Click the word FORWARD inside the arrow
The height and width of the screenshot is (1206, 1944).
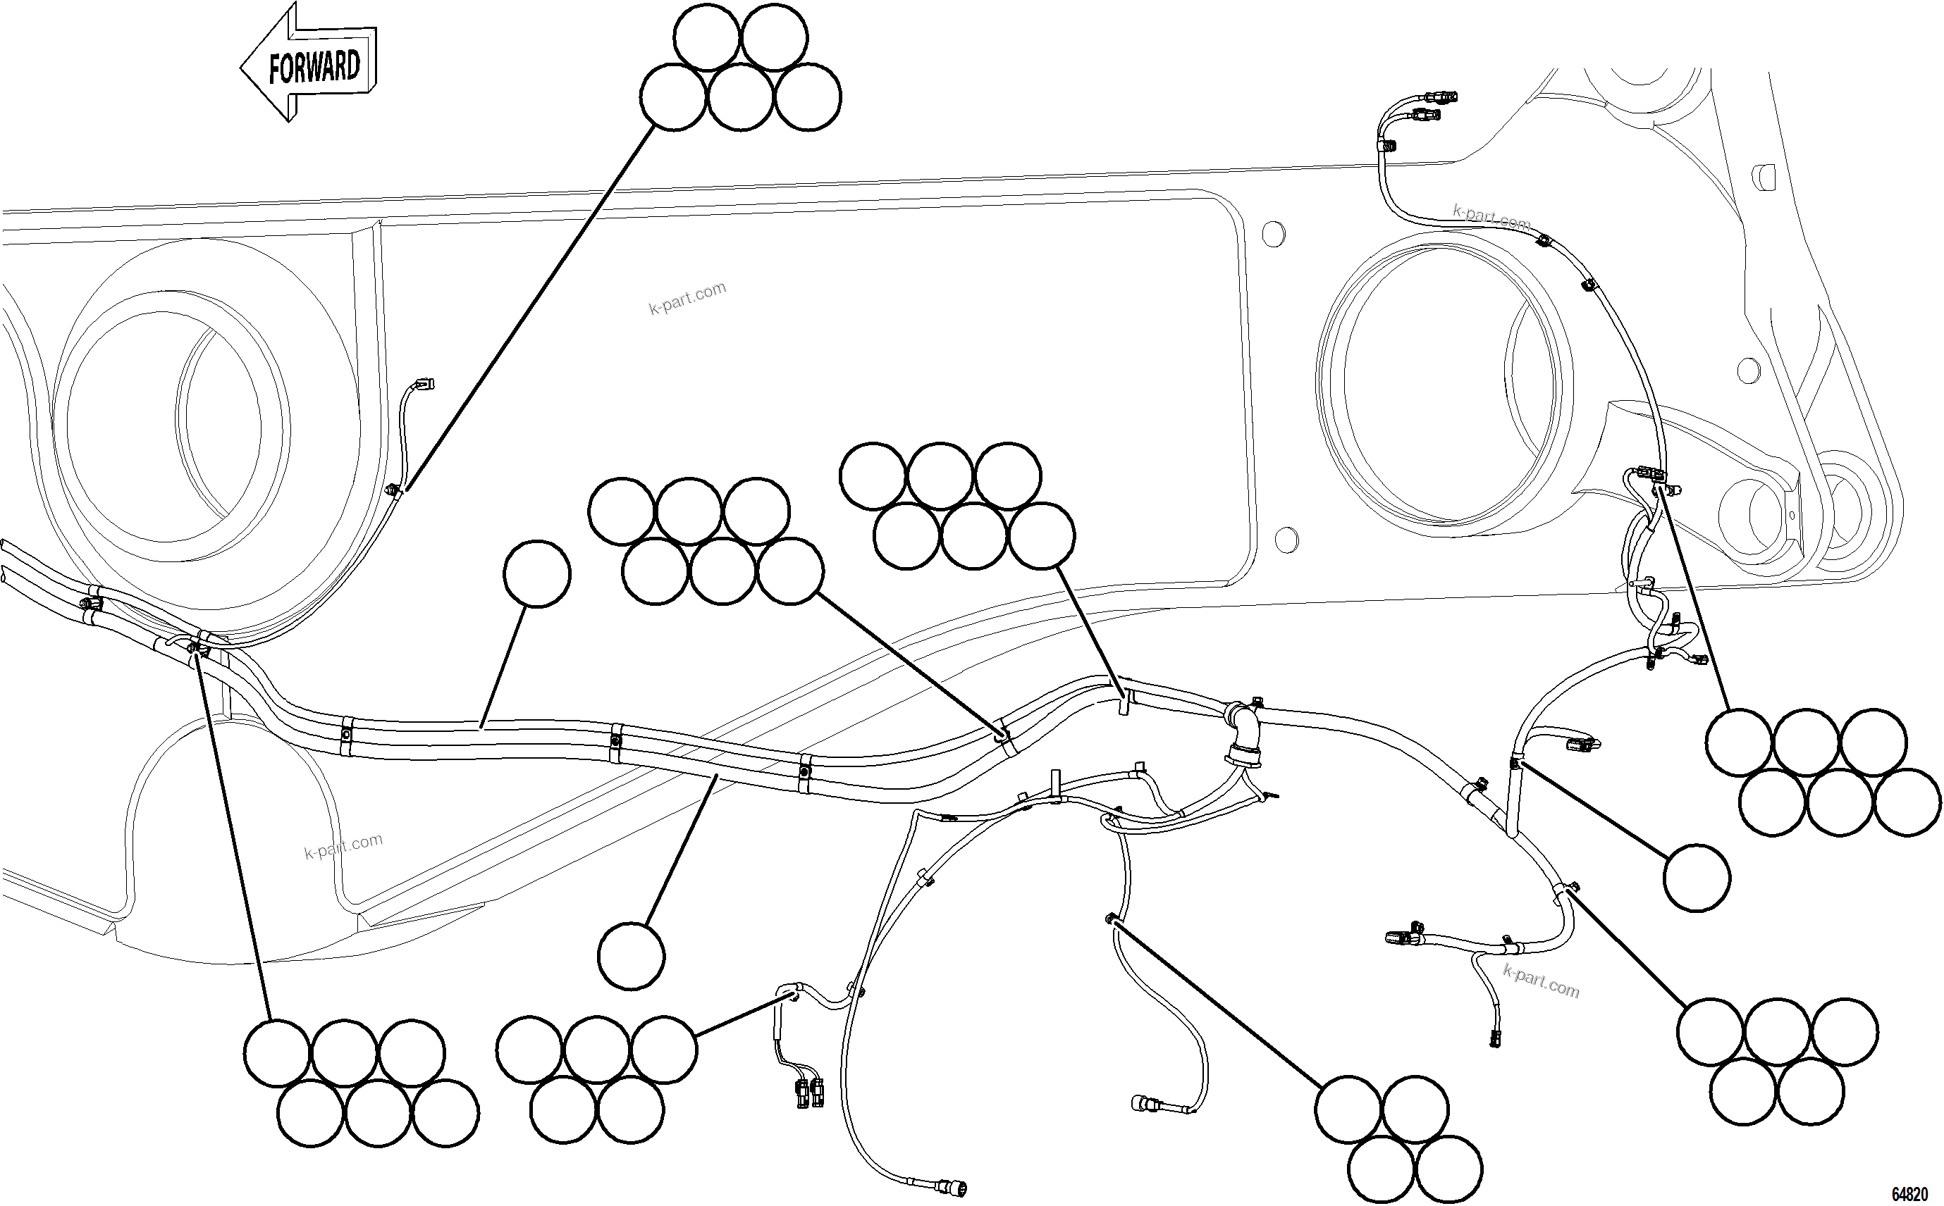click(314, 66)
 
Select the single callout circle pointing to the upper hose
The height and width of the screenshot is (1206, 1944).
click(537, 573)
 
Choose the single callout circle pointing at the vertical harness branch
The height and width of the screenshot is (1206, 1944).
click(1697, 878)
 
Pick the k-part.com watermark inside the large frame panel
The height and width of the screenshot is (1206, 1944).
click(687, 297)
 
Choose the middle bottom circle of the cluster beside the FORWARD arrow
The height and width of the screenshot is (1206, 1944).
click(740, 97)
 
